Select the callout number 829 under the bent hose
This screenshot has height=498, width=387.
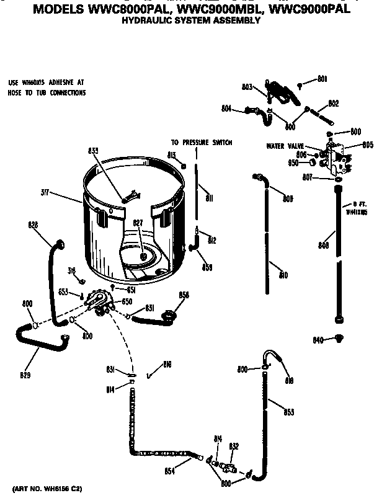point(25,375)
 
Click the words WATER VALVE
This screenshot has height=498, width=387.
point(284,146)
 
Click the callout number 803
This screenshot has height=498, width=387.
point(246,88)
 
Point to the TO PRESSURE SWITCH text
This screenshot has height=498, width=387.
point(201,142)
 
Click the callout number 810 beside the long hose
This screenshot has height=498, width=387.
point(283,275)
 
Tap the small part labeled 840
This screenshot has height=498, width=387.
point(338,338)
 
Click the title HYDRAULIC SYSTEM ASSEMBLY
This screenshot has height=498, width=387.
point(190,20)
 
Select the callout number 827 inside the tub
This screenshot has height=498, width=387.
point(138,223)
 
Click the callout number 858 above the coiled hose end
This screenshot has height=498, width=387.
point(184,295)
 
